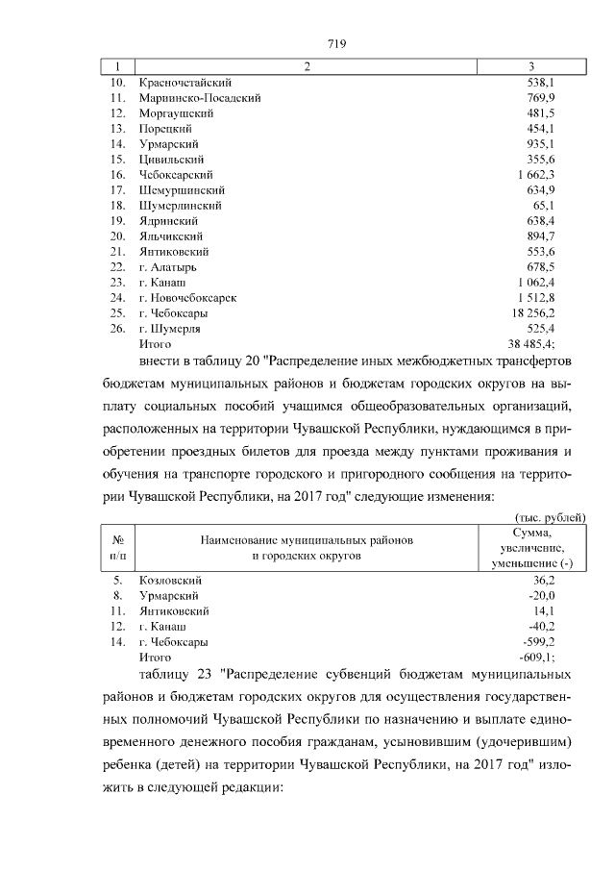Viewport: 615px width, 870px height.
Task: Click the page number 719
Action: [336, 43]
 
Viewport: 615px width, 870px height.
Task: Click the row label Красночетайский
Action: [185, 83]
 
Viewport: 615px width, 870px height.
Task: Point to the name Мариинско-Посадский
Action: [200, 98]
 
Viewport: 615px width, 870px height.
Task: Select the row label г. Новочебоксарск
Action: [188, 298]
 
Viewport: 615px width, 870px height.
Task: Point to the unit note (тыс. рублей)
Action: [551, 518]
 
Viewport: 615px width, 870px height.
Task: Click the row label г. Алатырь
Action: [172, 267]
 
